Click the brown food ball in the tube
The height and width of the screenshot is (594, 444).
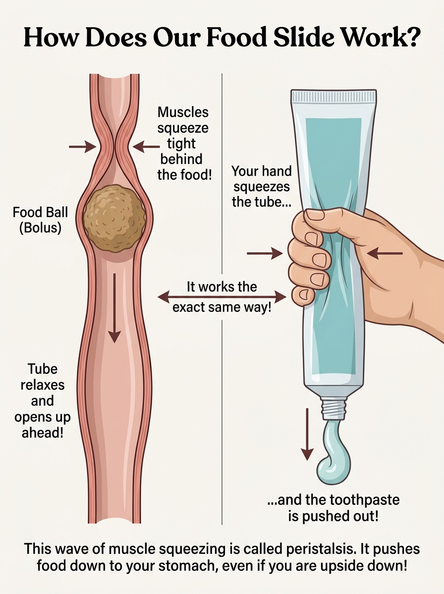[114, 218]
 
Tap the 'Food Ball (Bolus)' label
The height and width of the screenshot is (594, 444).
[40, 220]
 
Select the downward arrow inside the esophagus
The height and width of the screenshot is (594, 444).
[114, 308]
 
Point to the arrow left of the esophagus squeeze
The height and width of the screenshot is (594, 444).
[82, 147]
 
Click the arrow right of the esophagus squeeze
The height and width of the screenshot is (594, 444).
[146, 147]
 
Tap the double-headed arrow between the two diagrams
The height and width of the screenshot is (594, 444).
[222, 297]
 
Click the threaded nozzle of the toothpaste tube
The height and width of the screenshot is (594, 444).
[333, 408]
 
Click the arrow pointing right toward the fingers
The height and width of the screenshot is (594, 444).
[265, 253]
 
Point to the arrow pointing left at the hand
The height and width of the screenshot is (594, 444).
[385, 253]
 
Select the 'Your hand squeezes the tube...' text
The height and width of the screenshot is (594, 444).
[261, 187]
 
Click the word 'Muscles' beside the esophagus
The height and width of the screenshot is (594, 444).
[183, 112]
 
